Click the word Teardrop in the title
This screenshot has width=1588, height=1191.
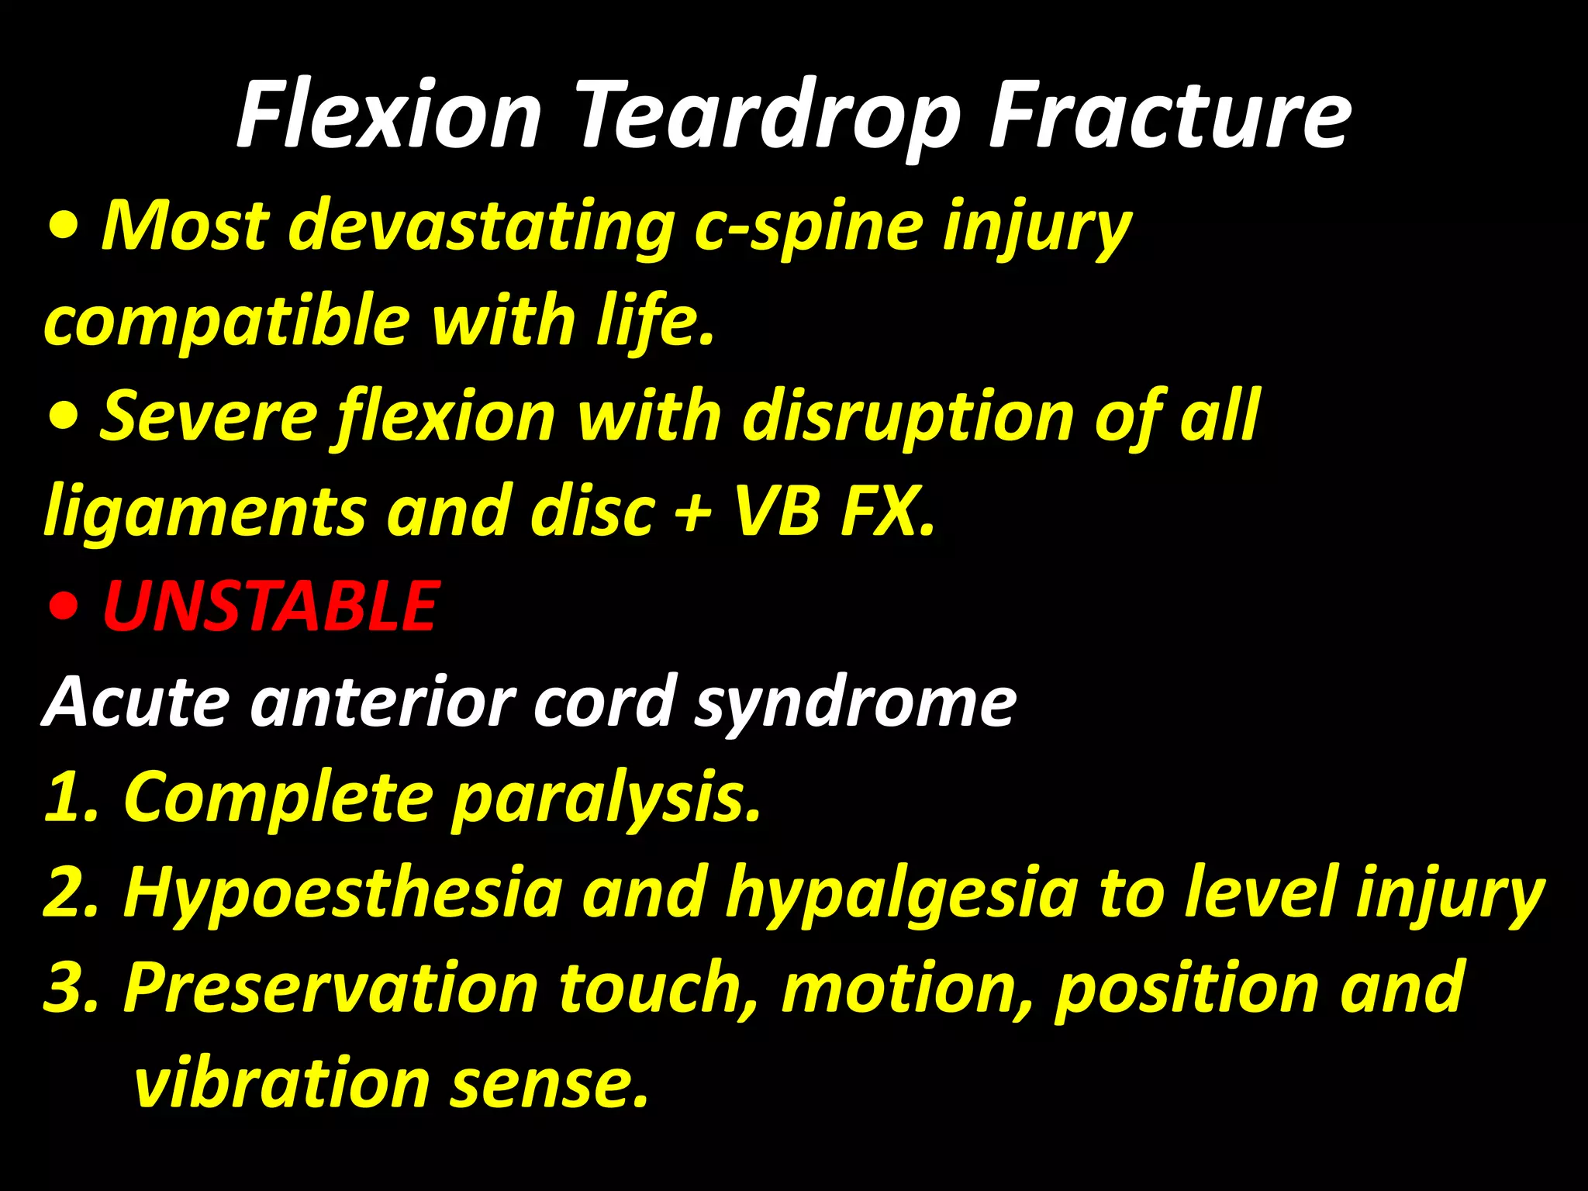(768, 116)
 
